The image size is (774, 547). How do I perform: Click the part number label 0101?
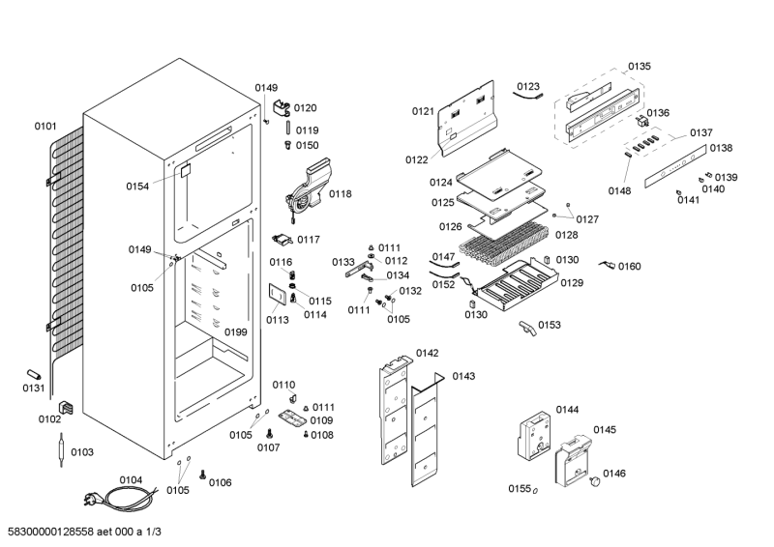pyautogui.click(x=45, y=126)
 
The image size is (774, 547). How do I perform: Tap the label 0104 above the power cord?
pyautogui.click(x=131, y=479)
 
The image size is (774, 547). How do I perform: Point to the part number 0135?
pyautogui.click(x=639, y=67)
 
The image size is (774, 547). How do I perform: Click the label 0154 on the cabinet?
pyautogui.click(x=137, y=186)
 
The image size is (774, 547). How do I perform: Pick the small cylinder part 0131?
pyautogui.click(x=35, y=374)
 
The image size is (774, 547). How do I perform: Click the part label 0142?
pyautogui.click(x=427, y=353)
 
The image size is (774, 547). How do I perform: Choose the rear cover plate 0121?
pyautogui.click(x=468, y=120)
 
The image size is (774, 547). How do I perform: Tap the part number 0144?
pyautogui.click(x=567, y=410)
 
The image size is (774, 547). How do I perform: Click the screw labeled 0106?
pyautogui.click(x=203, y=475)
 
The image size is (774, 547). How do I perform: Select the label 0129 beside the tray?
pyautogui.click(x=572, y=282)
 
